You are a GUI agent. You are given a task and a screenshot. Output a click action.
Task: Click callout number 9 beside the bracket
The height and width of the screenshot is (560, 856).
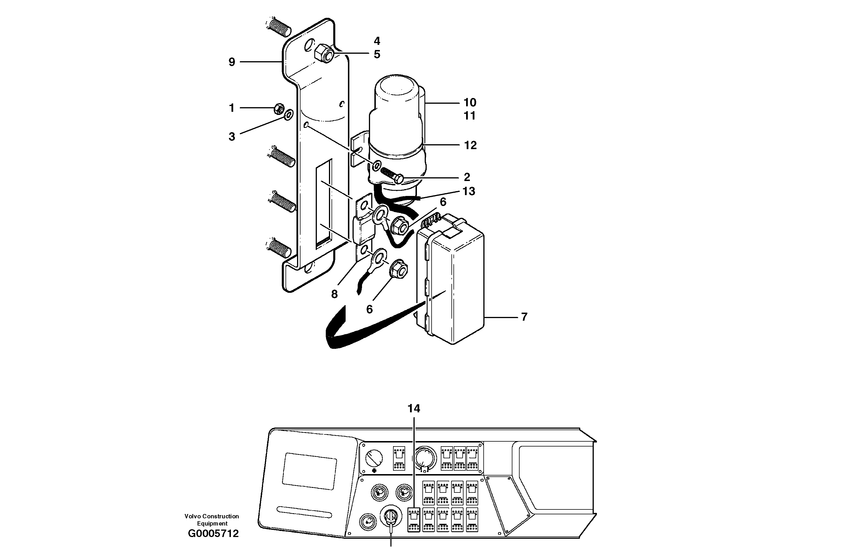232,62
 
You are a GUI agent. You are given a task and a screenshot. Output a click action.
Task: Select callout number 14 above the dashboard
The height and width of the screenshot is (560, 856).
413,408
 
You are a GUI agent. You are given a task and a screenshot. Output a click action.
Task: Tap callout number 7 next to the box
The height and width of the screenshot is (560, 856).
524,317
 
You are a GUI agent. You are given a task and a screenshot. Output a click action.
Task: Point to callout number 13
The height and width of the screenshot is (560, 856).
469,191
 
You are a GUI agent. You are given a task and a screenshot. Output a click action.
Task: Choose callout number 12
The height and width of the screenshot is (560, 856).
470,145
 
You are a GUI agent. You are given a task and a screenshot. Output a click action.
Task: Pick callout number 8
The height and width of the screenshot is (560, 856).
334,294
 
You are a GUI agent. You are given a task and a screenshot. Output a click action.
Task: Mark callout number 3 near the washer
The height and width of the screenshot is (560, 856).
232,136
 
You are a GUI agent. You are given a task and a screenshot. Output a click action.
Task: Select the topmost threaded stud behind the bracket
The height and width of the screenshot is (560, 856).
281,27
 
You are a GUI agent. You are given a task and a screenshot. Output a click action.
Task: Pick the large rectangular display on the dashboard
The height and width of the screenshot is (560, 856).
309,471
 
